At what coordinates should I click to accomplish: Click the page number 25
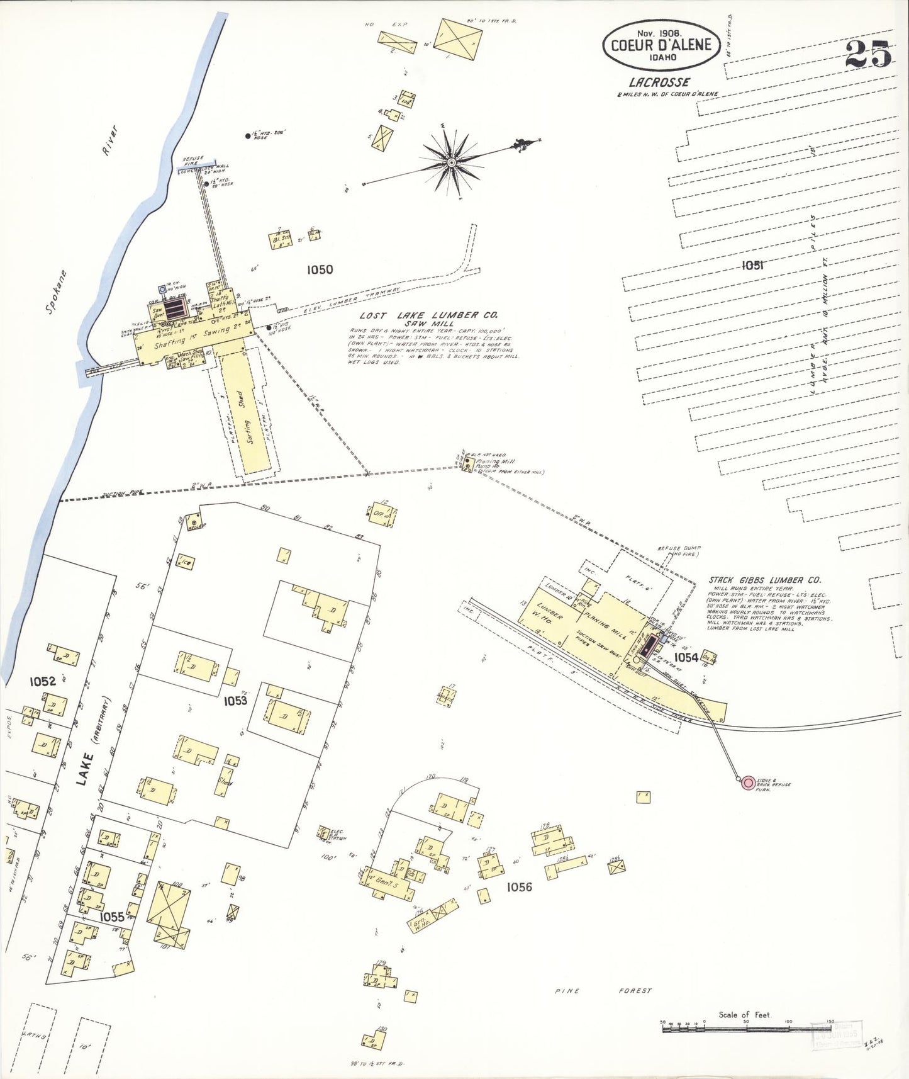[x=867, y=54]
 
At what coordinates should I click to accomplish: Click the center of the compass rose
[x=451, y=163]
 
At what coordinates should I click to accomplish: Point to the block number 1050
[x=320, y=269]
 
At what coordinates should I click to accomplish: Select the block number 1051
[x=752, y=265]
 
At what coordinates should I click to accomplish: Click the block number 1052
[x=43, y=681]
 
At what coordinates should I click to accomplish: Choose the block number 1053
[x=235, y=701]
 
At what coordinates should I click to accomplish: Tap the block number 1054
[x=686, y=657]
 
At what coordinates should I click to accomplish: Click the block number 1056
[x=519, y=887]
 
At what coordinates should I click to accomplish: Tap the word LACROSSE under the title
[x=659, y=82]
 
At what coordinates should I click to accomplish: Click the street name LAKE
[x=84, y=769]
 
